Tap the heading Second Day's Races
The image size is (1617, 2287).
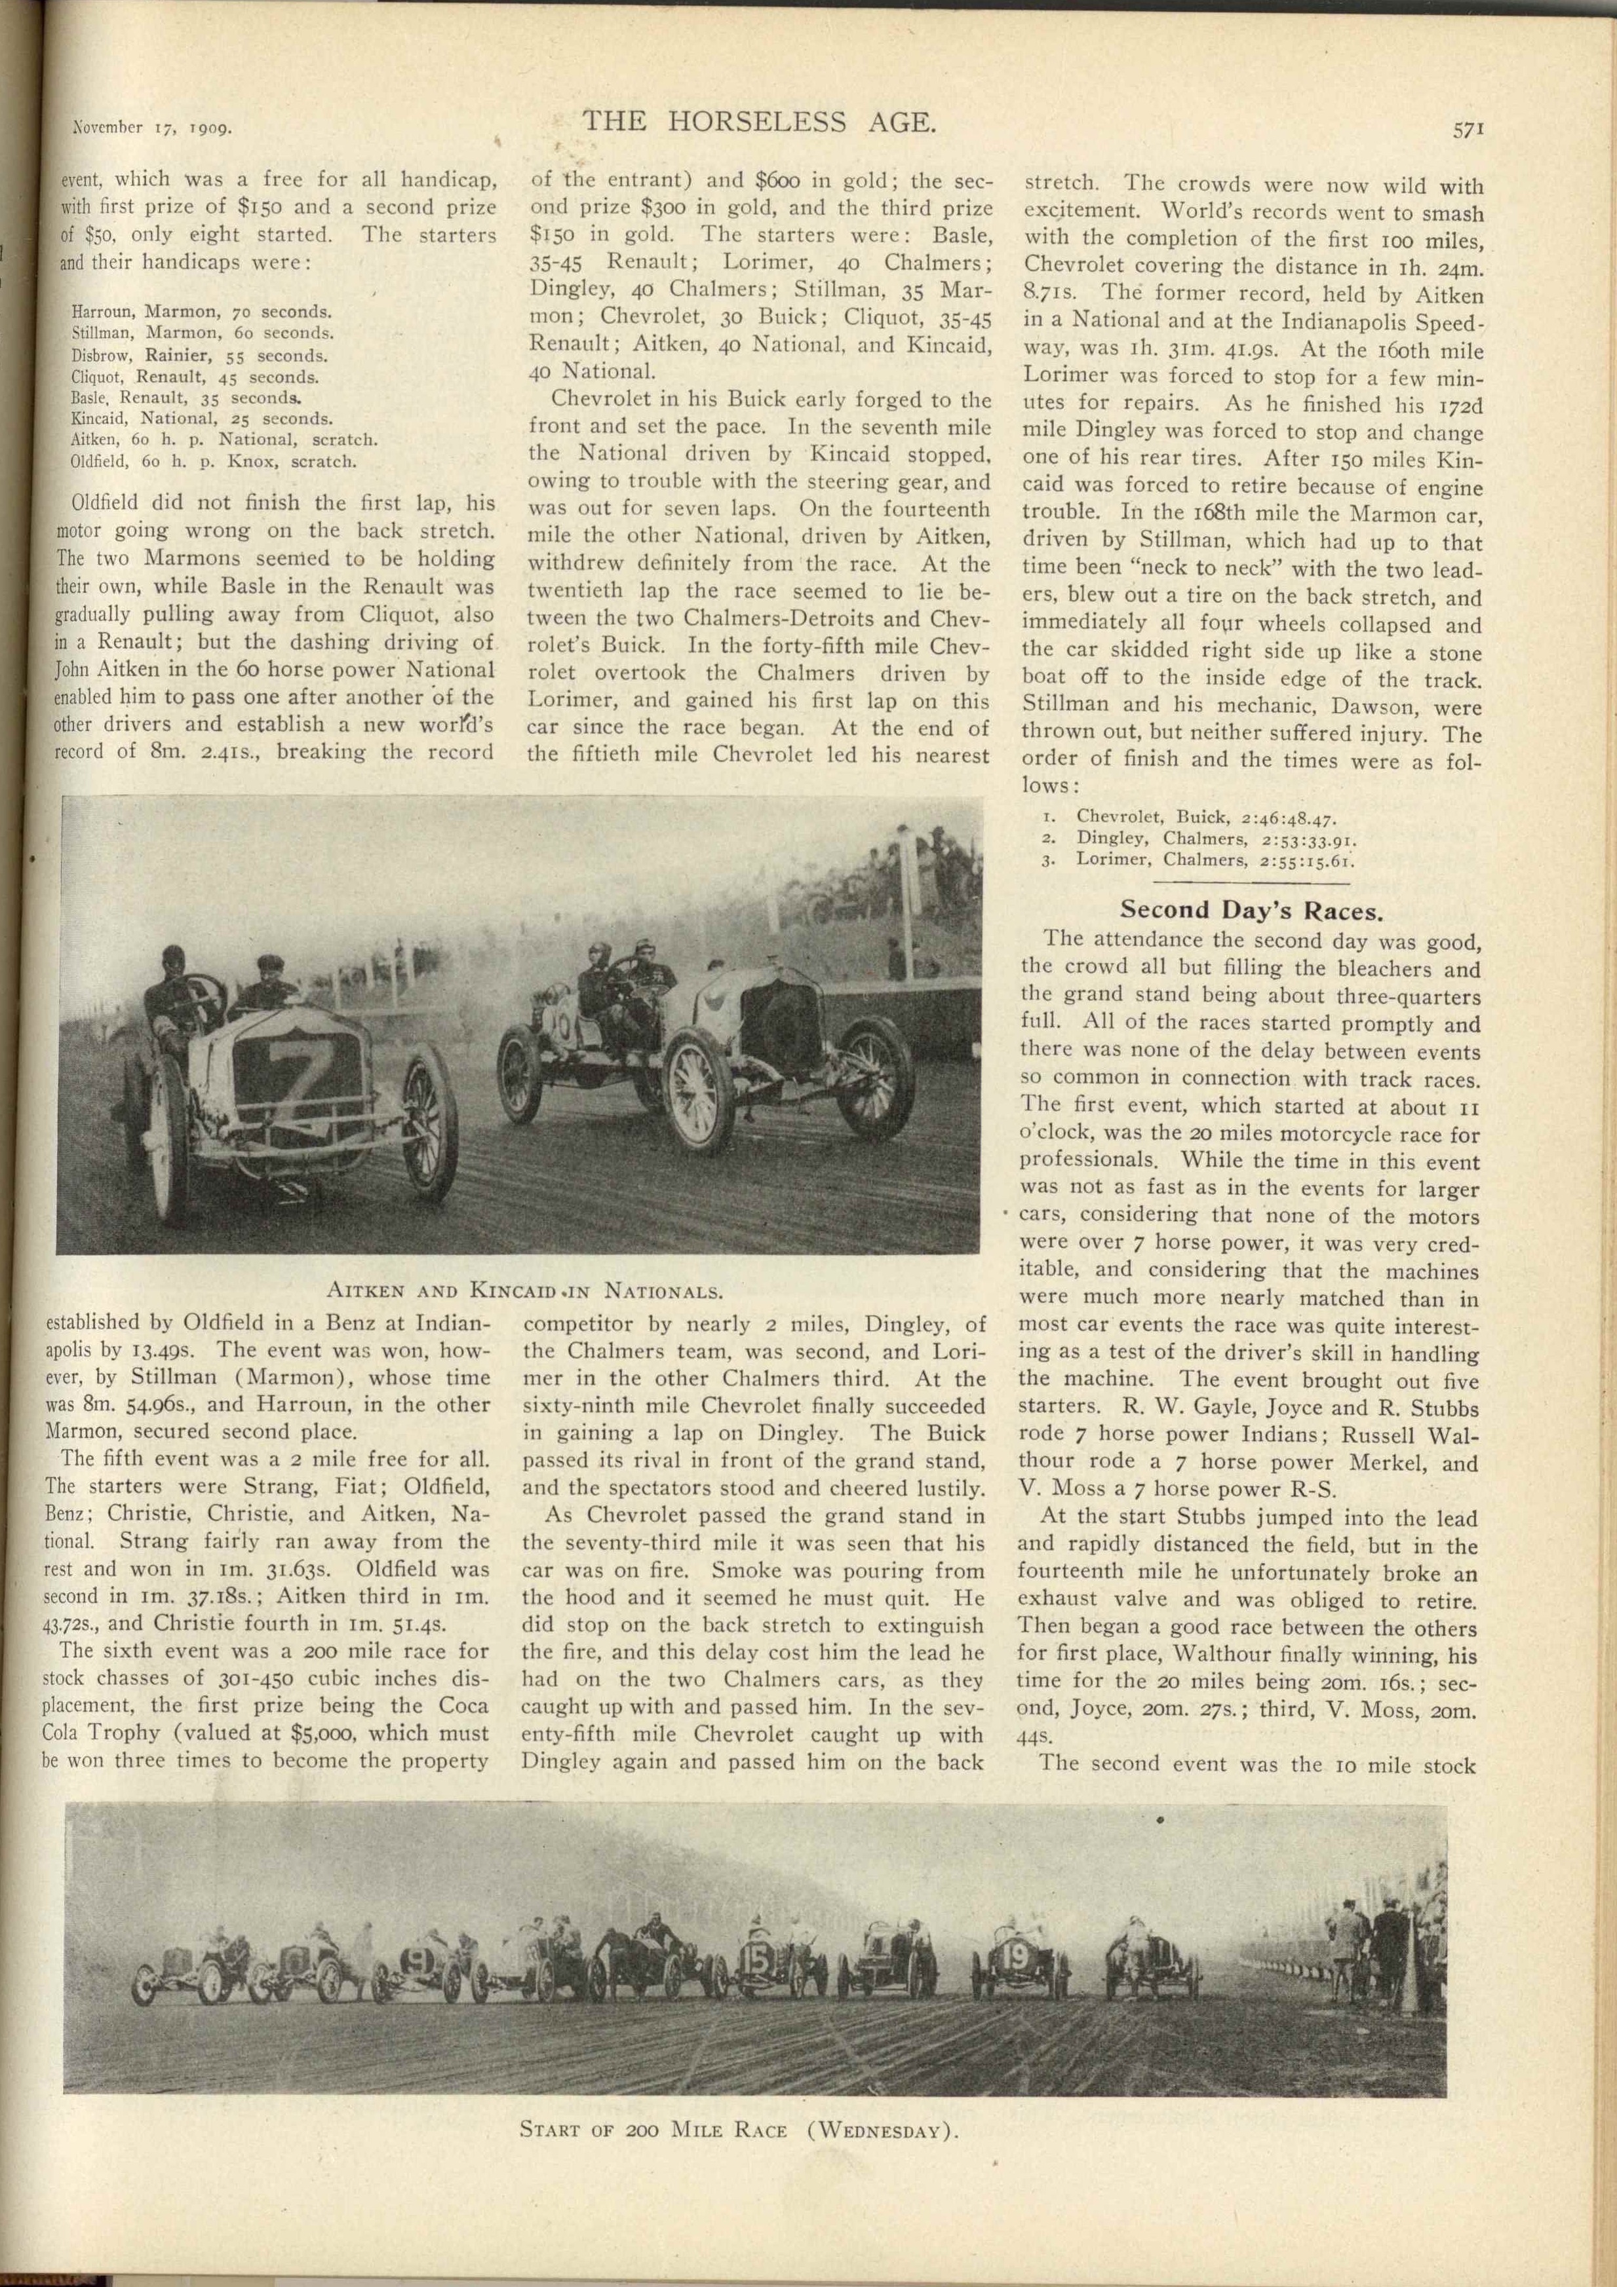[1251, 909]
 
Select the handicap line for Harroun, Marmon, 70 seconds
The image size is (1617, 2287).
[201, 312]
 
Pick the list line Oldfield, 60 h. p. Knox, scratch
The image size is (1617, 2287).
[213, 461]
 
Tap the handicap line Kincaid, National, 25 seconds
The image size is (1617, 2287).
[203, 419]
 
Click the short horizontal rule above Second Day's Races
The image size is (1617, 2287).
[1251, 882]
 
